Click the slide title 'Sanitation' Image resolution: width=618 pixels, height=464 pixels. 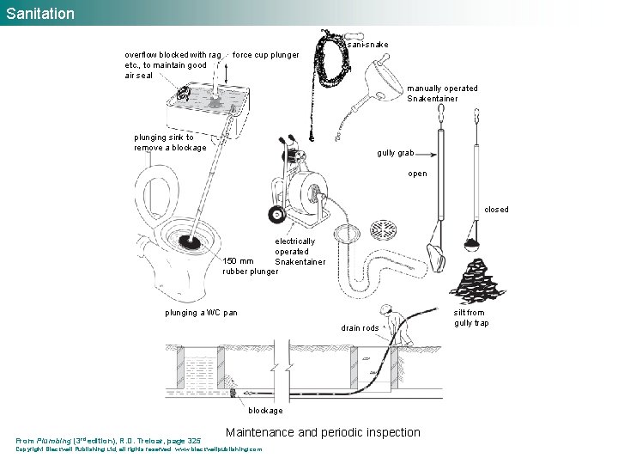(40, 14)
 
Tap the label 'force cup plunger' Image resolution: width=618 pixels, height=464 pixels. (266, 55)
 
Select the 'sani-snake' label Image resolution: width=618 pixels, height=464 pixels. (367, 45)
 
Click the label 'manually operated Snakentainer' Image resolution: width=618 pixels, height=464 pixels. (442, 94)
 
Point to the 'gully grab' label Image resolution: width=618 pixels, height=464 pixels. (396, 153)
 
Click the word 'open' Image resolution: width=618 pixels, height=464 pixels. (418, 174)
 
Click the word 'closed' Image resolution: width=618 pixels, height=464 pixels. (496, 210)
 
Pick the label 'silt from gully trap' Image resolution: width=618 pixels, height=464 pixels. (471, 318)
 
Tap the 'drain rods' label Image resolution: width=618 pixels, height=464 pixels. (360, 328)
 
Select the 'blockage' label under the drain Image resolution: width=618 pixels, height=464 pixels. (265, 411)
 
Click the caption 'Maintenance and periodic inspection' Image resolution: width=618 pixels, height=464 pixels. (323, 432)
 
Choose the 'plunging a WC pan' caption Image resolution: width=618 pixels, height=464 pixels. (202, 313)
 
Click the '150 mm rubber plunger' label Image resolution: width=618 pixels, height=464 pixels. (250, 266)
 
